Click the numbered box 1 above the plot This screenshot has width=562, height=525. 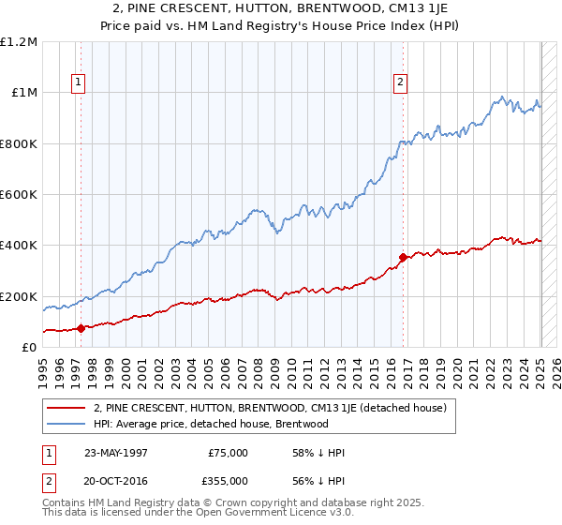[78, 82]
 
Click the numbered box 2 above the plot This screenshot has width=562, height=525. [401, 82]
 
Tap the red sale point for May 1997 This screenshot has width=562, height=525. [81, 328]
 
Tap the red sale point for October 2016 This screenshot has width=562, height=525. [403, 257]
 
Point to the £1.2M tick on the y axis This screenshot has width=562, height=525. [19, 42]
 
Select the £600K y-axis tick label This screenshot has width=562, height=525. [19, 195]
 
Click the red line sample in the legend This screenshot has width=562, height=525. [67, 408]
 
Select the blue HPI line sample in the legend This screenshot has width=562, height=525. [67, 424]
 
